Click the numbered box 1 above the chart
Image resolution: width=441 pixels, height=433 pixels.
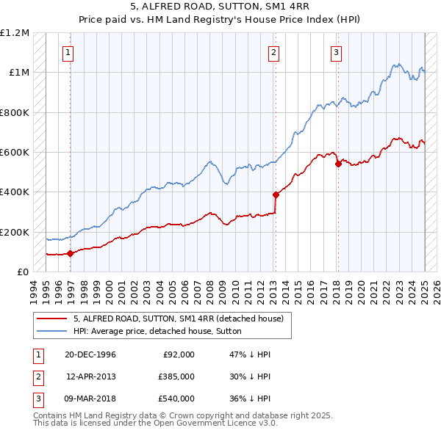point(68,52)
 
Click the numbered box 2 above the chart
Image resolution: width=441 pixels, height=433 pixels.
point(273,52)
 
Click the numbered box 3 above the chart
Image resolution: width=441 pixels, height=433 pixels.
point(335,52)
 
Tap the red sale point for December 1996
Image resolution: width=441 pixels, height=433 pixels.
point(71,254)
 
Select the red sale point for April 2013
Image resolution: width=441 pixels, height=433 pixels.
point(276,195)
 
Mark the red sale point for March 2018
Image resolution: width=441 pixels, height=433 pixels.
point(338,164)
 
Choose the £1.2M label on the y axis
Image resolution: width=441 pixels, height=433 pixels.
point(15,33)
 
